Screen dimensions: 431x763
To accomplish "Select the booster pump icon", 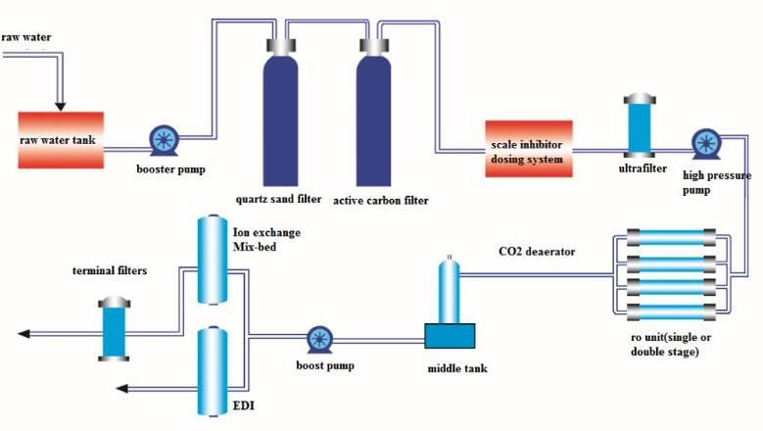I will pyautogui.click(x=163, y=139).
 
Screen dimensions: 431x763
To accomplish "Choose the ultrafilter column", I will pyautogui.click(x=638, y=125).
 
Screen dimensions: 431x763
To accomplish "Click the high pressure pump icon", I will pyautogui.click(x=704, y=143).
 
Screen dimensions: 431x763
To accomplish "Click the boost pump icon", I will pyautogui.click(x=319, y=340).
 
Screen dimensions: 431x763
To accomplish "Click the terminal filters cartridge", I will pyautogui.click(x=115, y=329).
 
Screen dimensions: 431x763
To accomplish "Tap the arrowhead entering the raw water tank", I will pyautogui.click(x=61, y=104).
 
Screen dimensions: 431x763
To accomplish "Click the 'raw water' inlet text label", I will pyautogui.click(x=25, y=37).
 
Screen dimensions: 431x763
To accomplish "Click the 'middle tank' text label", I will pyautogui.click(x=453, y=367).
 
